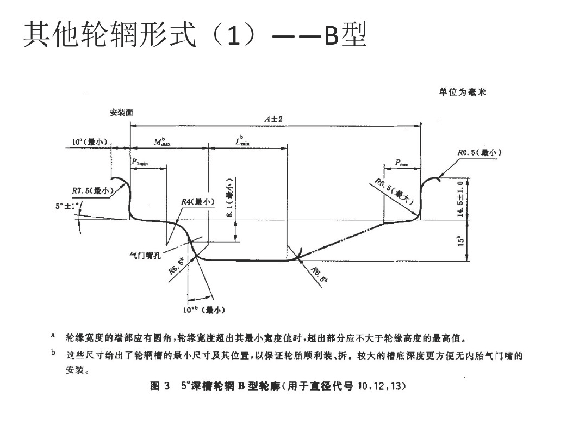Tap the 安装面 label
click(x=121, y=113)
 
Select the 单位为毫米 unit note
click(x=463, y=92)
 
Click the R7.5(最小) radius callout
click(x=92, y=191)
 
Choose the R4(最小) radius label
click(x=198, y=202)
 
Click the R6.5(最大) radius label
click(x=396, y=191)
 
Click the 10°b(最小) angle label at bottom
click(x=204, y=310)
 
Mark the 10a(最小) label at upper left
click(x=91, y=142)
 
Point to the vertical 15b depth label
click(x=461, y=239)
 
